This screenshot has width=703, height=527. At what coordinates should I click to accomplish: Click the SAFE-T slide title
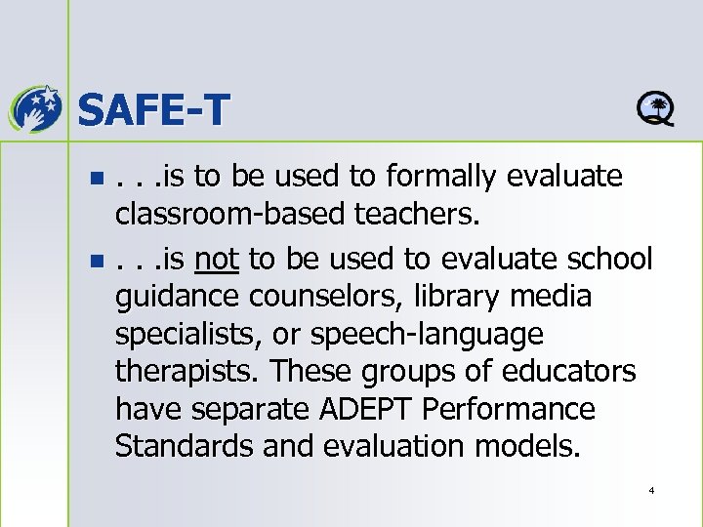click(x=151, y=108)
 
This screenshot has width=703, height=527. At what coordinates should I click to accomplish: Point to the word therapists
click(x=186, y=372)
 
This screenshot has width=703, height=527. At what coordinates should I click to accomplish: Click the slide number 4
click(x=650, y=489)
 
